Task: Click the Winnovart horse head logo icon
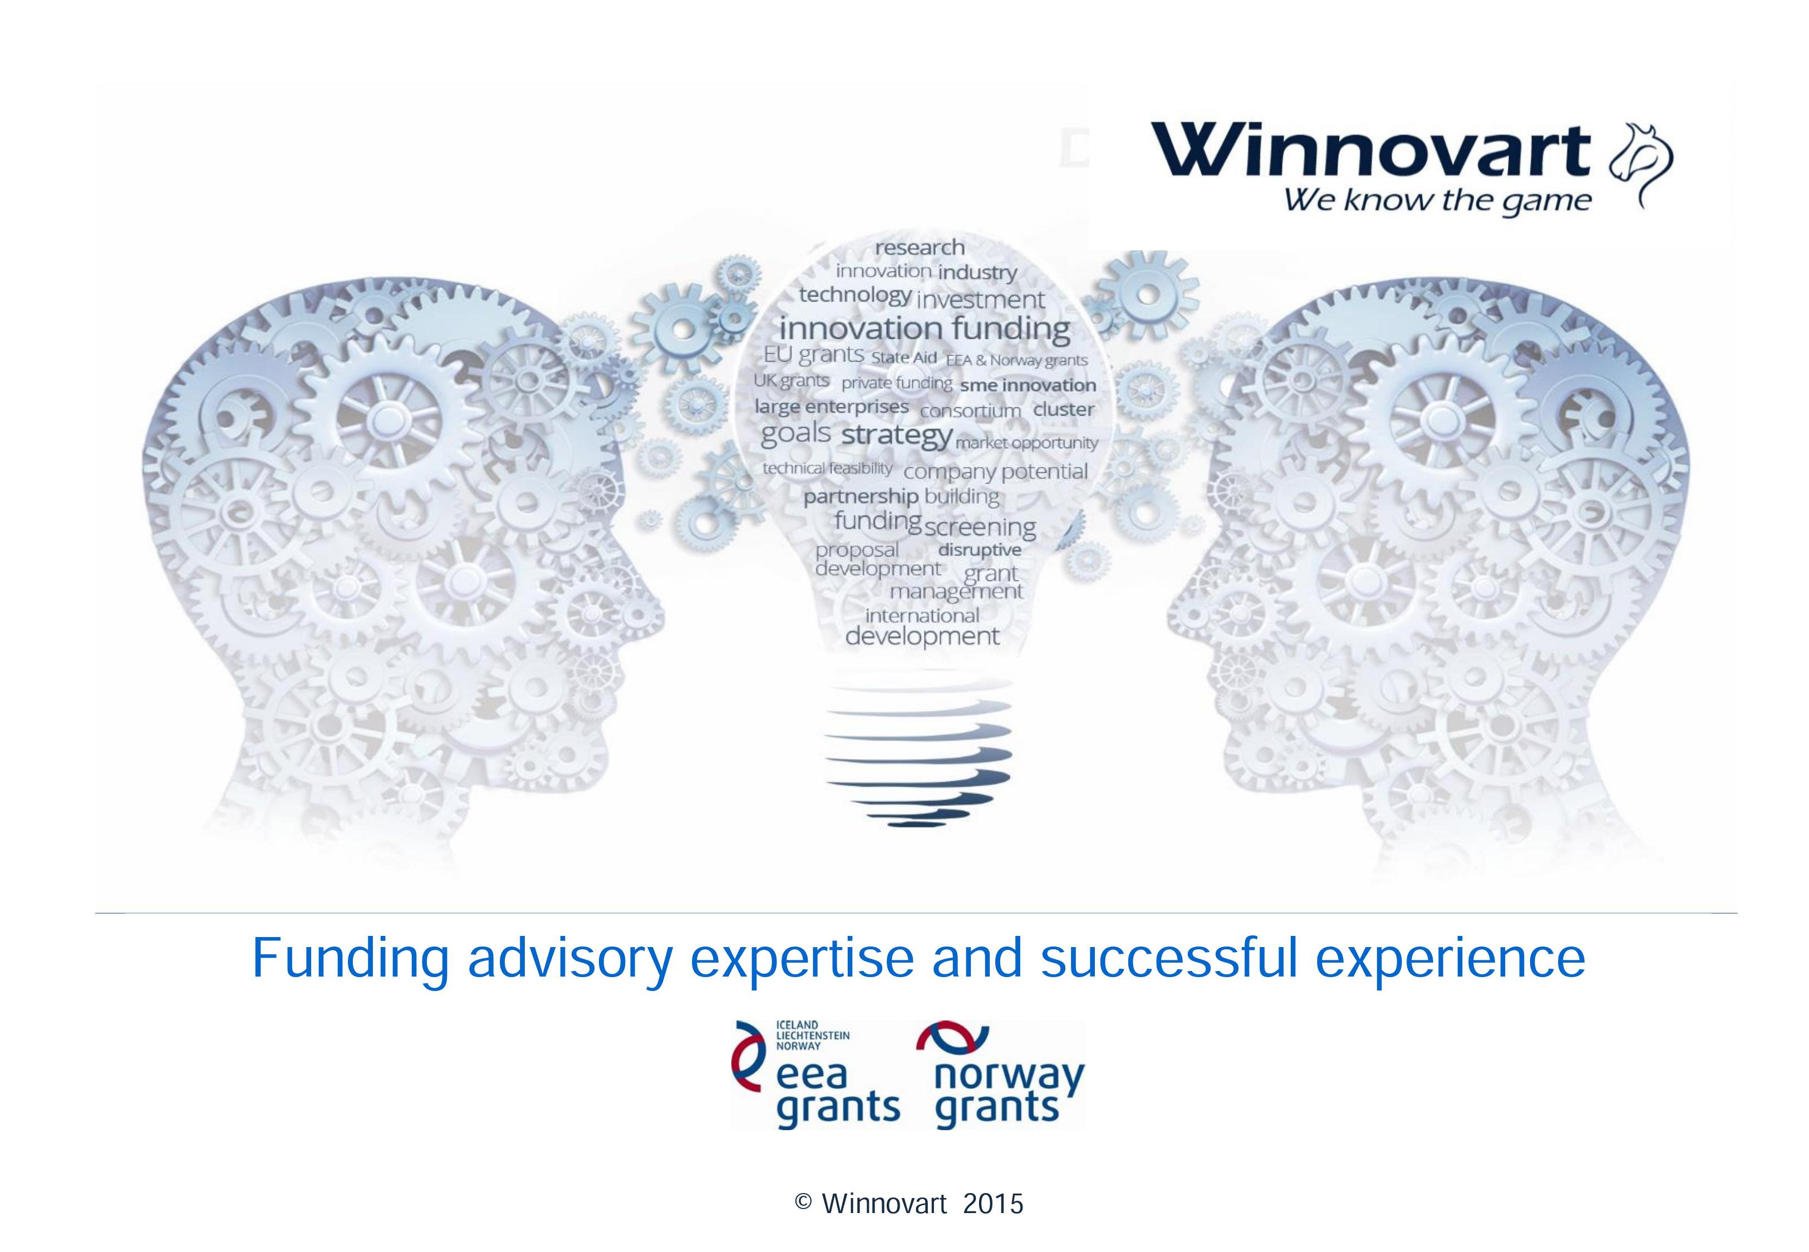click(1640, 165)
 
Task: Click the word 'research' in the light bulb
click(920, 248)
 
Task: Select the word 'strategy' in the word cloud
click(897, 435)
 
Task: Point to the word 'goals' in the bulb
click(795, 433)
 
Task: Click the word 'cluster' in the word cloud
click(1064, 410)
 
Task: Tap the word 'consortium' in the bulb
click(970, 411)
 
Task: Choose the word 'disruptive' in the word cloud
click(980, 550)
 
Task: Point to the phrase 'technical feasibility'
click(828, 469)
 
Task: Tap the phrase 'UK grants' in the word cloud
click(791, 381)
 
